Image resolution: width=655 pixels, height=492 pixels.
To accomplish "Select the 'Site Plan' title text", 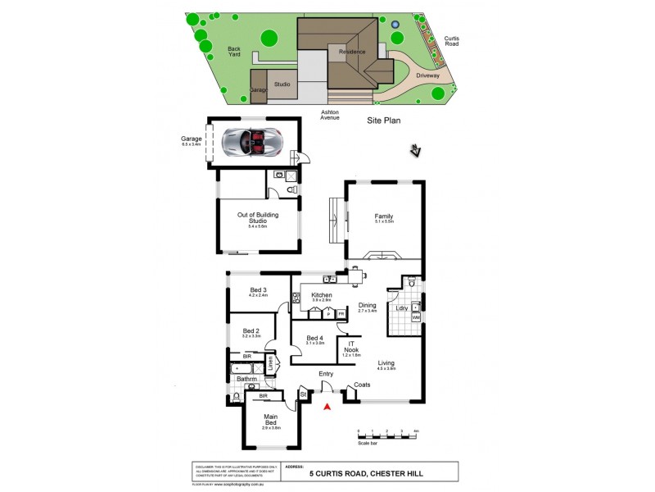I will [x=382, y=120].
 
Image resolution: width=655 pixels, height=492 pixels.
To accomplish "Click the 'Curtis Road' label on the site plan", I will [x=452, y=41].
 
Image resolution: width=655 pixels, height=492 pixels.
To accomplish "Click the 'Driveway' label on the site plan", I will [x=427, y=75].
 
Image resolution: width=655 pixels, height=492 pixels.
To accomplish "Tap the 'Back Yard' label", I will [x=233, y=52].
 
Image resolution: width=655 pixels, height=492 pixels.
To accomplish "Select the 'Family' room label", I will [x=384, y=217].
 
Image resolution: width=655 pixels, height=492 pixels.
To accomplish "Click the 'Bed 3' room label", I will [x=259, y=290].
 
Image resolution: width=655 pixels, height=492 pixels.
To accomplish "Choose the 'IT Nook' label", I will [x=351, y=348].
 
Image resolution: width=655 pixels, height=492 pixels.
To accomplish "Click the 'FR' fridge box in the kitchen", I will [x=341, y=313].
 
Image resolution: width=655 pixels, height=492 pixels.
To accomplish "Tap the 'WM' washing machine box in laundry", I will [x=416, y=317].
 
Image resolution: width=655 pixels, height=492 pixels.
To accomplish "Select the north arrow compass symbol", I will [x=416, y=151].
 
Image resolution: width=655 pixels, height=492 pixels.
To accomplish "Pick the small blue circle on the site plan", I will [x=395, y=24].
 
